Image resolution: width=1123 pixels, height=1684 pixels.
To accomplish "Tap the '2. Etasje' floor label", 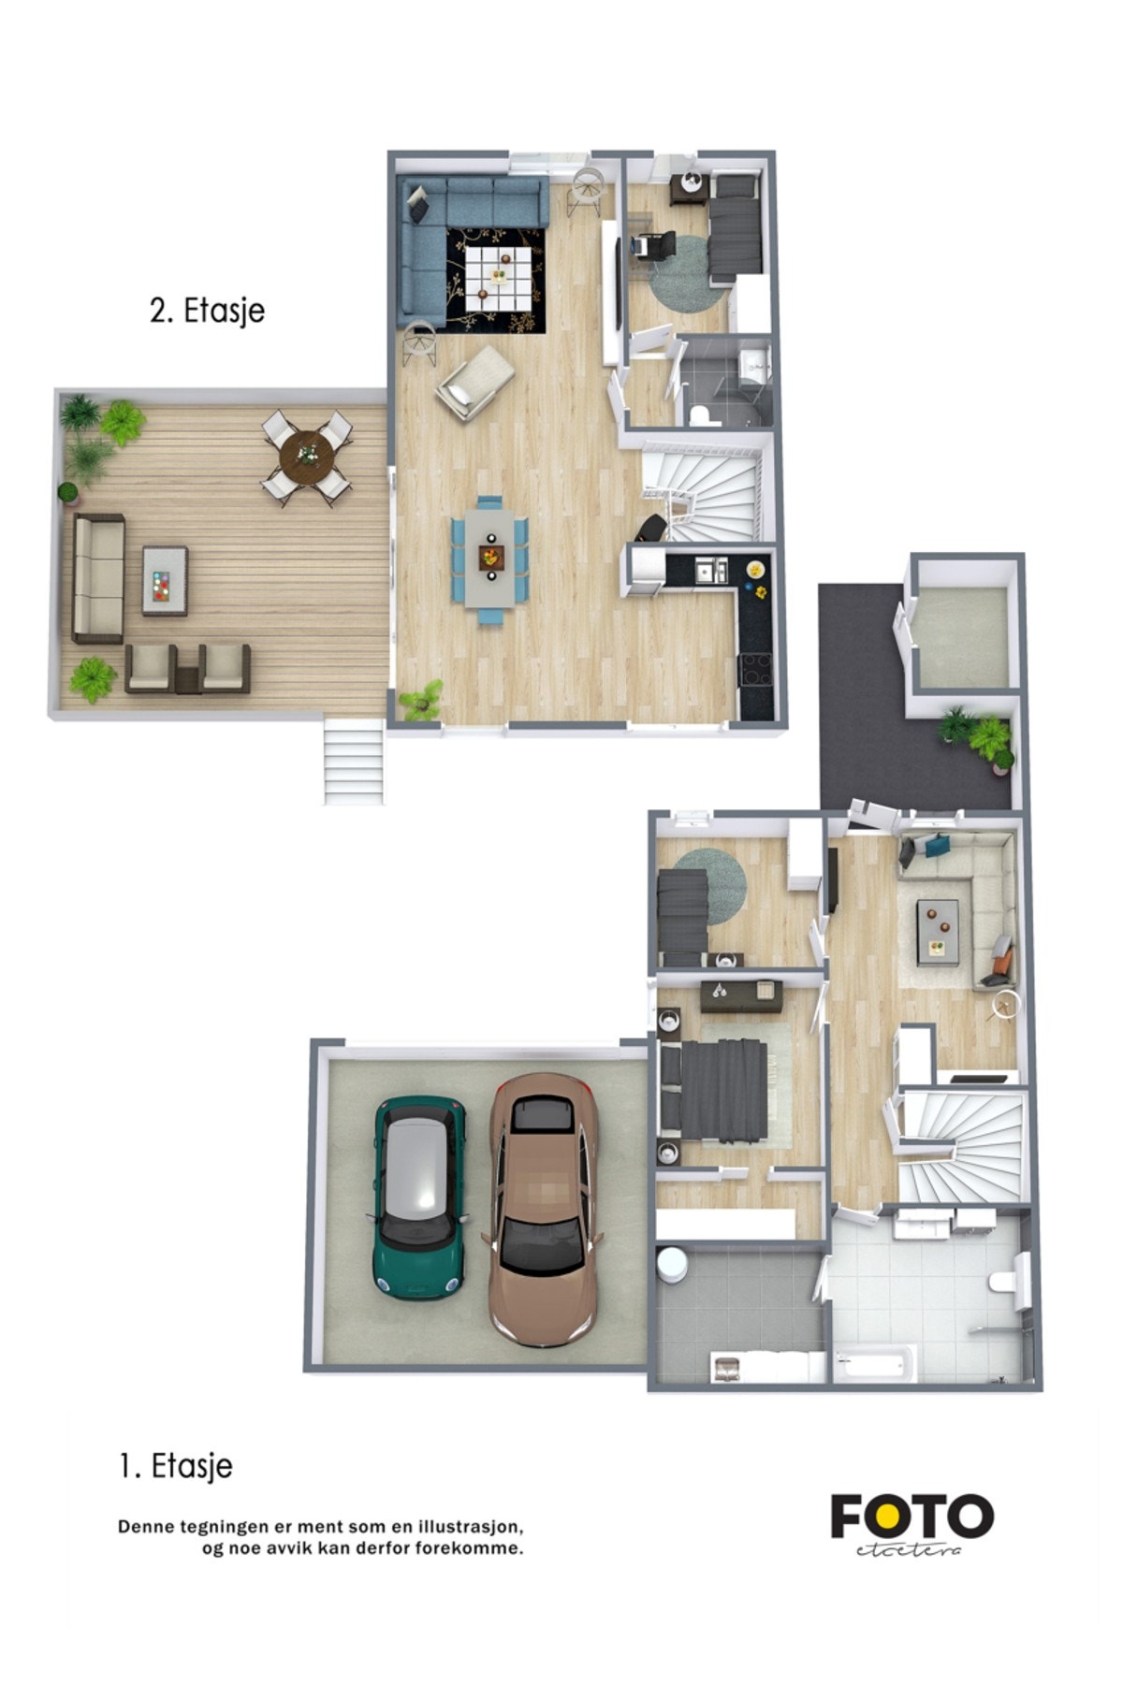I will click(207, 311).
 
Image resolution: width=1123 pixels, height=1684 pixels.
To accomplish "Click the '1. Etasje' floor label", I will click(176, 1465).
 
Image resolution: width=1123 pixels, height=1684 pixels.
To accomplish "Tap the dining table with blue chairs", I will click(490, 559).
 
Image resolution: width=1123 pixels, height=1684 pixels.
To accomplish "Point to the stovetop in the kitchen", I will click(756, 669).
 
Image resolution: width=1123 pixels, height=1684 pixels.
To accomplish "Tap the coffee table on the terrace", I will click(165, 580).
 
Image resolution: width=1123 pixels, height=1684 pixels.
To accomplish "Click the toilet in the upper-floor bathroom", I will click(697, 414).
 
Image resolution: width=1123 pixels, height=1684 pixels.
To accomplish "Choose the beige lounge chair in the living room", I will click(474, 381).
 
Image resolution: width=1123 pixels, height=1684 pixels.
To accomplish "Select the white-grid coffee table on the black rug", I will click(497, 277).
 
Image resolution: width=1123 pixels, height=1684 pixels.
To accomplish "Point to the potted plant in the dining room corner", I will click(421, 700).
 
